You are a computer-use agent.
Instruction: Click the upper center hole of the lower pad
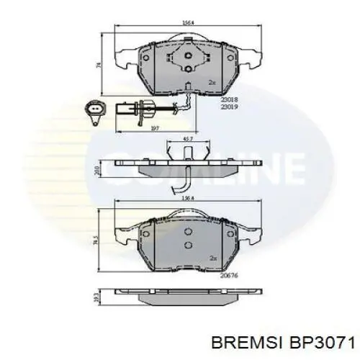click(x=186, y=232)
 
